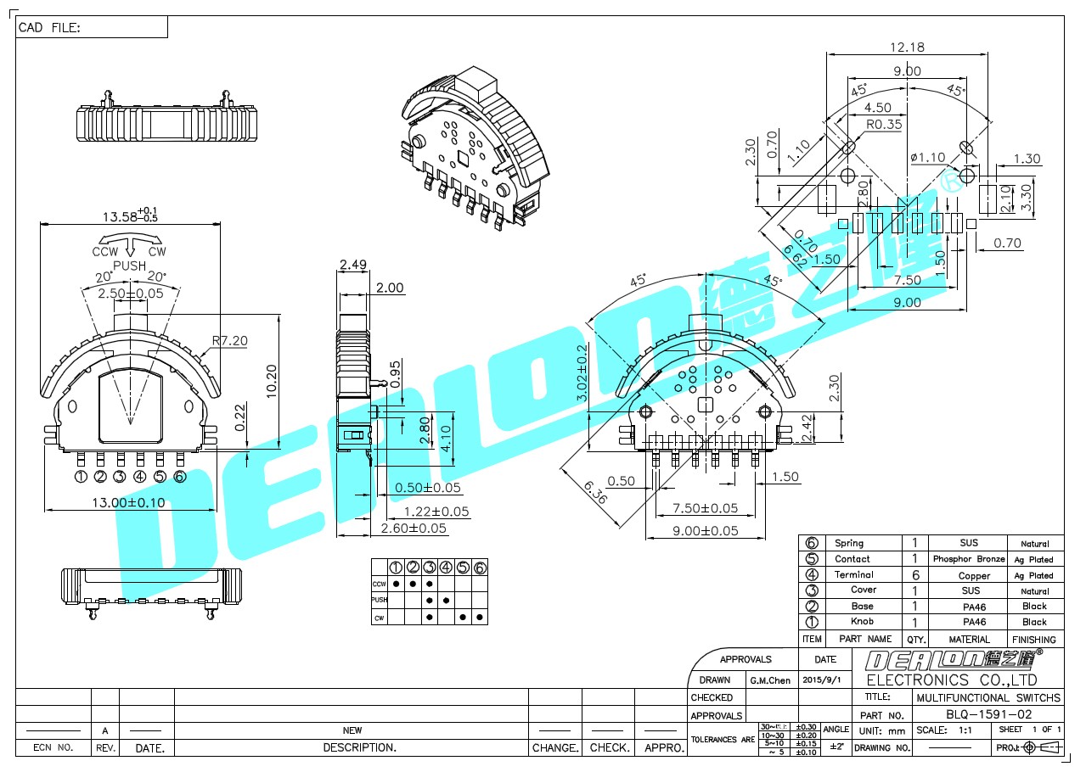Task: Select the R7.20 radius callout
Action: (229, 340)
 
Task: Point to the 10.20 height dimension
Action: (272, 380)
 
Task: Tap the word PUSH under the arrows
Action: (129, 266)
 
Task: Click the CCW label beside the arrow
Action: (105, 251)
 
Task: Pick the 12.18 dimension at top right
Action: (907, 48)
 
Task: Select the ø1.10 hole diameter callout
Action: (927, 157)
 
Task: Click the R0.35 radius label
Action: (883, 124)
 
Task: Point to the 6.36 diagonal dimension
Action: (594, 492)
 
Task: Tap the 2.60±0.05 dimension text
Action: (414, 529)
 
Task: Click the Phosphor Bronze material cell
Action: (969, 559)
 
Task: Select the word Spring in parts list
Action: (849, 543)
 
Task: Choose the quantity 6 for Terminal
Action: (914, 575)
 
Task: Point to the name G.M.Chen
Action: (770, 680)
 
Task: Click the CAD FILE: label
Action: (49, 28)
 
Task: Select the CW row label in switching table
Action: (379, 618)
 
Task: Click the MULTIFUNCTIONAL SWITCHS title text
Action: (988, 697)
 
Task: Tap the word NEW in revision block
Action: (352, 730)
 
